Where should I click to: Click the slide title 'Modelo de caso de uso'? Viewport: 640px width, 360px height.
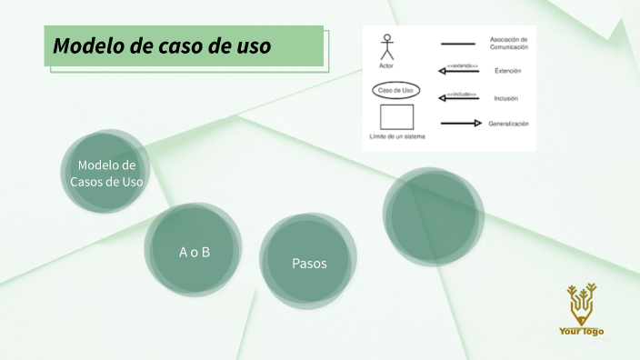pyautogui.click(x=163, y=46)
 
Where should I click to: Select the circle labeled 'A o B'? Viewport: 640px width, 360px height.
pyautogui.click(x=194, y=252)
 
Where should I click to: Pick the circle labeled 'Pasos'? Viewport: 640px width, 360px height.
pyautogui.click(x=308, y=263)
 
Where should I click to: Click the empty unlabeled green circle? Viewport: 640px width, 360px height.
pyautogui.click(x=429, y=216)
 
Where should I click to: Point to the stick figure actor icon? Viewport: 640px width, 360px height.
pyautogui.click(x=386, y=47)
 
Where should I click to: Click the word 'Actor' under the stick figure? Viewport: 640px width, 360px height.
pyautogui.click(x=386, y=65)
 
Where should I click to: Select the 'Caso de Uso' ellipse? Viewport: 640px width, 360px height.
pyautogui.click(x=396, y=91)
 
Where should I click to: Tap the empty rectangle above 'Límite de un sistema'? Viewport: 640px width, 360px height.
pyautogui.click(x=396, y=117)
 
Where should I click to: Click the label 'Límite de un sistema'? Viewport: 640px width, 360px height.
pyautogui.click(x=397, y=136)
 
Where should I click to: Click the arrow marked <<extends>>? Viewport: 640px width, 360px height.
pyautogui.click(x=460, y=72)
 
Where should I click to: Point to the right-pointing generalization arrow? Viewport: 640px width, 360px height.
pyautogui.click(x=460, y=124)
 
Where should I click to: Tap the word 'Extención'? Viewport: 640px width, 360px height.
pyautogui.click(x=507, y=71)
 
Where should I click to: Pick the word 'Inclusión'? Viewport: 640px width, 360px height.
pyautogui.click(x=506, y=98)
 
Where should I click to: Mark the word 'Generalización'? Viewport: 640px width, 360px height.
pyautogui.click(x=508, y=124)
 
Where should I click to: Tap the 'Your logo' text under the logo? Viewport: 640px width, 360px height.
pyautogui.click(x=581, y=332)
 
